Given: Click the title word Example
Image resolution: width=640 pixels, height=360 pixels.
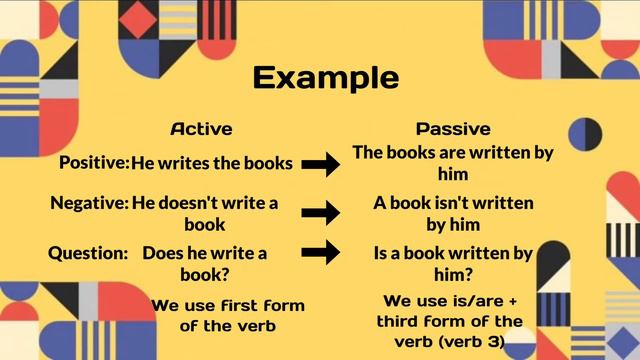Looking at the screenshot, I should tap(325, 78).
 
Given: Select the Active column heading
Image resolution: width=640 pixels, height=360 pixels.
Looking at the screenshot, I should tap(201, 129).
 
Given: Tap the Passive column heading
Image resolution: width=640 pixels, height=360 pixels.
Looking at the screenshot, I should tap(453, 129).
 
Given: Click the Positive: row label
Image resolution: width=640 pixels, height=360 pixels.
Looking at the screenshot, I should tap(94, 162).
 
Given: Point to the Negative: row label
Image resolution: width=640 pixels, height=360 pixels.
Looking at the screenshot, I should tap(89, 203).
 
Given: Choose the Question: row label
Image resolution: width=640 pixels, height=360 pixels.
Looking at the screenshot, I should tap(88, 253).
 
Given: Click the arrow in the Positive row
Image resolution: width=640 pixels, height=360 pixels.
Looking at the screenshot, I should tap(321, 164).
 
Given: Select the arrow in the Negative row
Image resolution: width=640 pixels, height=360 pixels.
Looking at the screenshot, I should tap(321, 212).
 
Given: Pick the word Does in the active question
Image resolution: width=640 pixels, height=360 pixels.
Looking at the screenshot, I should tap(163, 253).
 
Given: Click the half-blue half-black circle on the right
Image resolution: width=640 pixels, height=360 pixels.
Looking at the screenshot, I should tap(585, 132).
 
